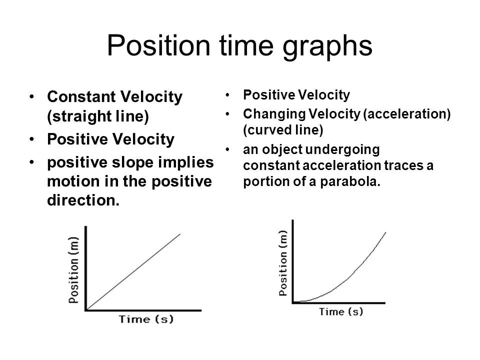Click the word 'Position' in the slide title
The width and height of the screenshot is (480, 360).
[x=158, y=45]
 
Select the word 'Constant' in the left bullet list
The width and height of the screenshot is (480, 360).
[x=81, y=96]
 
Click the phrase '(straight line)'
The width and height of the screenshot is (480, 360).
[x=98, y=116]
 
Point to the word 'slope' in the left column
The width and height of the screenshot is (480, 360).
[x=130, y=162]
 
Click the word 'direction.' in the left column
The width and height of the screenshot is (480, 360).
[x=83, y=200]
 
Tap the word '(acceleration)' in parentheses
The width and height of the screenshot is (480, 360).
[x=407, y=114]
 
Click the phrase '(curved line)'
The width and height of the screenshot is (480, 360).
[x=283, y=130]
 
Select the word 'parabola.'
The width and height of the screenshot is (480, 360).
[x=350, y=181]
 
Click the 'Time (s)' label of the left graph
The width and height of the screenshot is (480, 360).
[x=146, y=319]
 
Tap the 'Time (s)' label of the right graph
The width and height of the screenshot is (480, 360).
[x=341, y=311]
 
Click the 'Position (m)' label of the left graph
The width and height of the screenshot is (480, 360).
[x=73, y=270]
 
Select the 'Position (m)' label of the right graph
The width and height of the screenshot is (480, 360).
[x=283, y=263]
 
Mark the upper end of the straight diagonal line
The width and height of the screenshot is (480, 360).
[x=180, y=234]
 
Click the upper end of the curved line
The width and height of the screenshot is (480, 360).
[x=385, y=232]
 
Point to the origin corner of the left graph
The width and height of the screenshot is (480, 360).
[x=86, y=310]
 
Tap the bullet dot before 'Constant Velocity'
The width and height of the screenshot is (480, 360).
[x=32, y=96]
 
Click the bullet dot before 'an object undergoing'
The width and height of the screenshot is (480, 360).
[x=227, y=150]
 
